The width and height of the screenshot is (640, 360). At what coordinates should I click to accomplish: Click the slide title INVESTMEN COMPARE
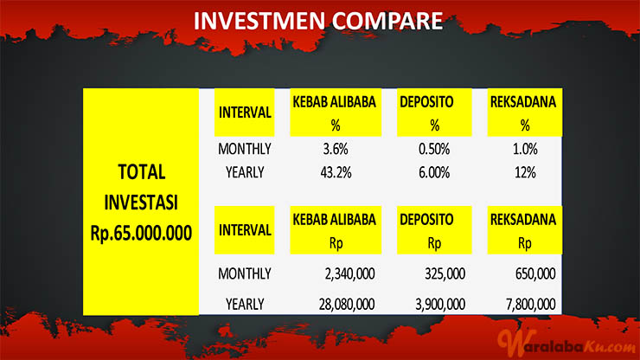318,21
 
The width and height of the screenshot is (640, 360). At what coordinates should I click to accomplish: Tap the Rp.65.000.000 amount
141,233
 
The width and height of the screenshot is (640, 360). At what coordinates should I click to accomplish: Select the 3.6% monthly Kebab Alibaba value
336,149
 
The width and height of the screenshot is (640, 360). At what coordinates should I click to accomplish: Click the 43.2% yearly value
336,173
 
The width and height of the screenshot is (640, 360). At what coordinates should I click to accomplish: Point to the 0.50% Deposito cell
434,149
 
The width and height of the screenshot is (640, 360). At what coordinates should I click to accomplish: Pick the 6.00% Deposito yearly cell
434,173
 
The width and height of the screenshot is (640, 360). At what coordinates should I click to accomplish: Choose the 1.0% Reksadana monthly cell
525,149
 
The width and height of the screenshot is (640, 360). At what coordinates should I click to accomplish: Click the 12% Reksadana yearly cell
525,173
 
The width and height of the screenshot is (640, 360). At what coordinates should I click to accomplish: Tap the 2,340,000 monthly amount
349,273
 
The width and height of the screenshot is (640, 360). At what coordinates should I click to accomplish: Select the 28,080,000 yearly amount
347,305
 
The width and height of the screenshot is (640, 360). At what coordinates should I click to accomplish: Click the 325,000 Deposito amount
445,273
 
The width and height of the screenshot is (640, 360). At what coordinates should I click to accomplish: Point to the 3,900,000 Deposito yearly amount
440,305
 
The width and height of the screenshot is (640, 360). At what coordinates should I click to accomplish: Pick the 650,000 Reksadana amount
535,273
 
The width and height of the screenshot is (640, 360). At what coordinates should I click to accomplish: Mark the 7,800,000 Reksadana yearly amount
531,305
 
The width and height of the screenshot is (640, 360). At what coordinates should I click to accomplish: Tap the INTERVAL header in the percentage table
245,112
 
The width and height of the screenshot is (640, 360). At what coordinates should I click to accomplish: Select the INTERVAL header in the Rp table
245,230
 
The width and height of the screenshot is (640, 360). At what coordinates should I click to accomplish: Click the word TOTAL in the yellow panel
142,171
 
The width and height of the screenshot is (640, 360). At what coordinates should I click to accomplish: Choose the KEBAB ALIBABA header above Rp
335,220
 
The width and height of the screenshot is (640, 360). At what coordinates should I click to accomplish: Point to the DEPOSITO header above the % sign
426,102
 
